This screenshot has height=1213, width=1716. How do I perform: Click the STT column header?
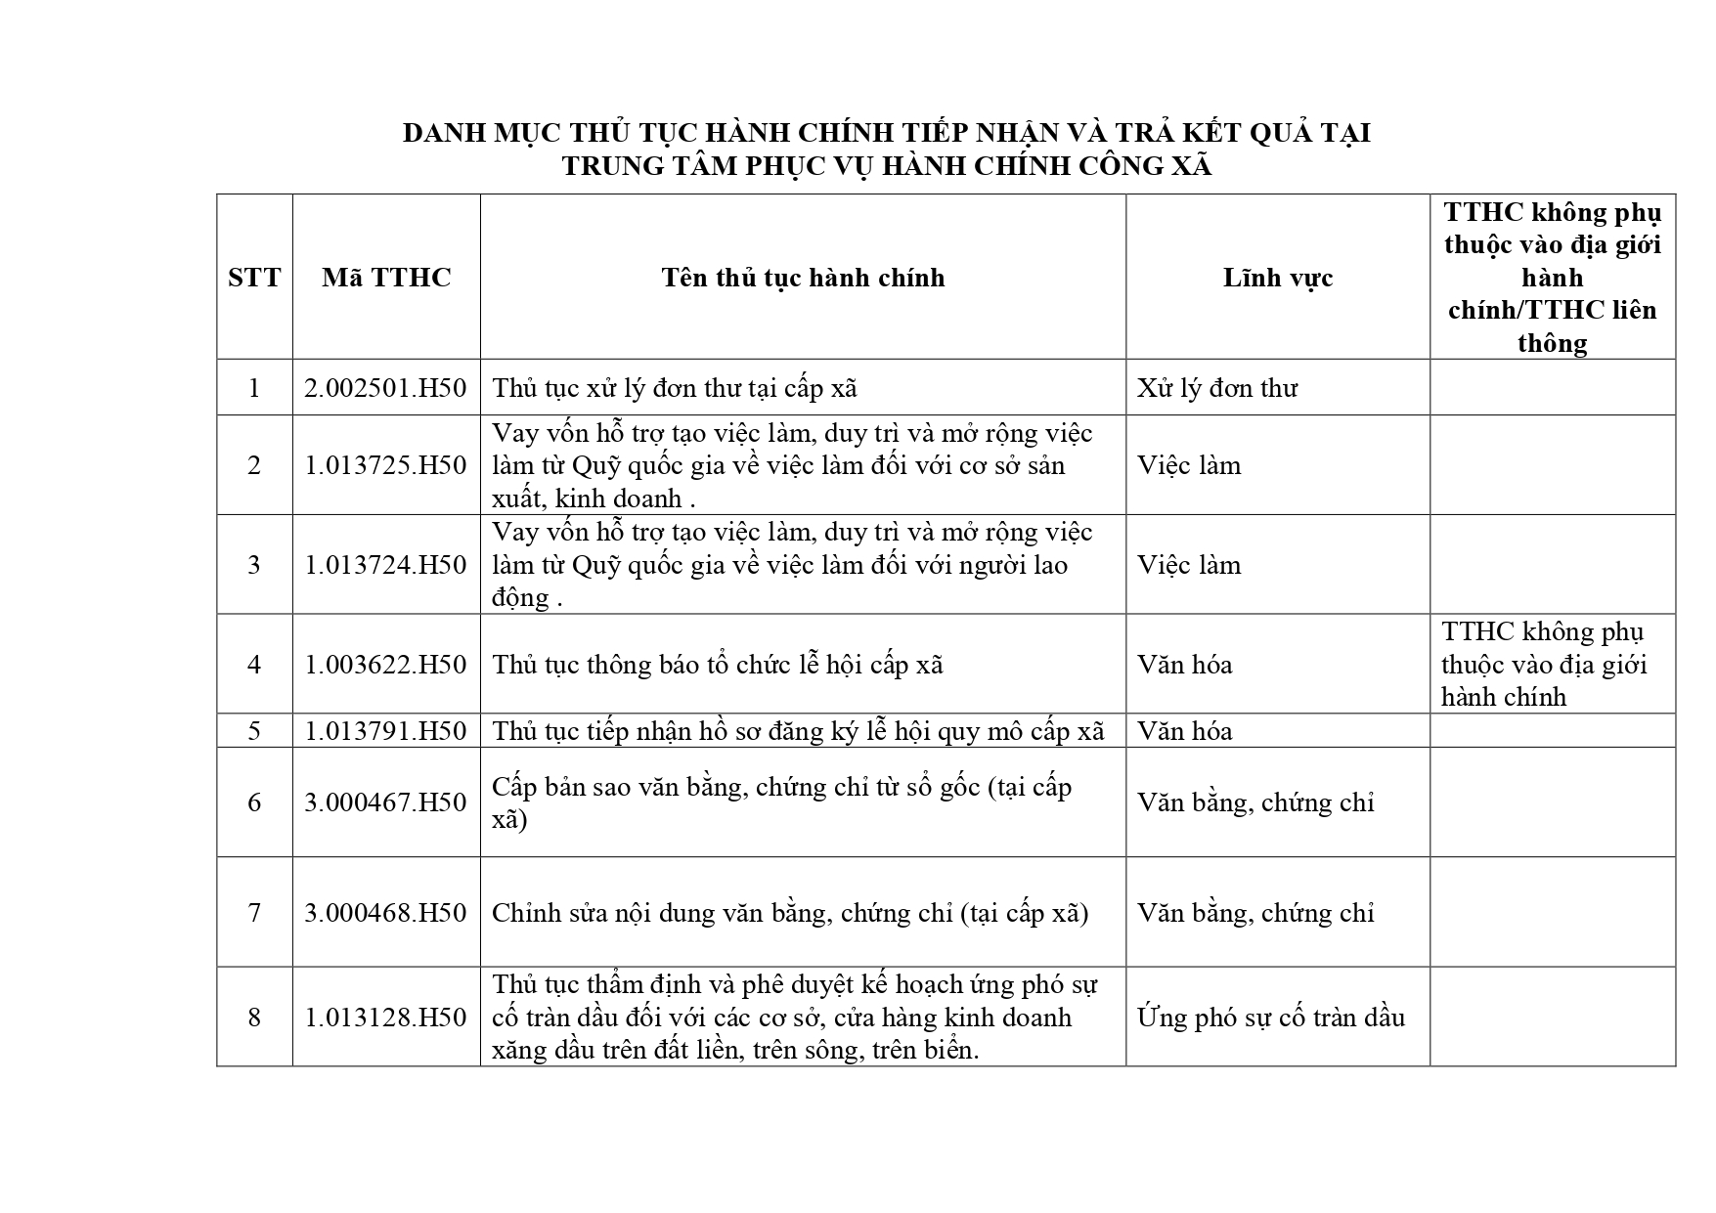tap(254, 278)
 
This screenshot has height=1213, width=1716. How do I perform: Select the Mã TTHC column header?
tap(386, 278)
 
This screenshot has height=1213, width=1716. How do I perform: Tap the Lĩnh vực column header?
tap(1277, 278)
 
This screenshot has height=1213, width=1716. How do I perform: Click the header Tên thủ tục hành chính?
tap(803, 278)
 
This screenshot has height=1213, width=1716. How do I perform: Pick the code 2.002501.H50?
tap(385, 388)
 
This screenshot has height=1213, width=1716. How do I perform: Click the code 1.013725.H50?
tap(385, 465)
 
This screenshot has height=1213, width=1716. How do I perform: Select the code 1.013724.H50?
tap(385, 565)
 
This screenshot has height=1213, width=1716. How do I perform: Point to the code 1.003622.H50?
tap(385, 665)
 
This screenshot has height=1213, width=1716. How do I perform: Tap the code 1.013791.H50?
tap(385, 731)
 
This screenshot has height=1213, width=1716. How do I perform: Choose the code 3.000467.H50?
tap(385, 802)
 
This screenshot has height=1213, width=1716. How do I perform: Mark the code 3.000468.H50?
tap(385, 913)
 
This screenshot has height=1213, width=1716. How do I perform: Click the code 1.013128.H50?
tap(385, 1018)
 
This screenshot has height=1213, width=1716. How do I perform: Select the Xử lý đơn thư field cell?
tap(1216, 388)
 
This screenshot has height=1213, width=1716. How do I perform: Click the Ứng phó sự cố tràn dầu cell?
tap(1270, 1018)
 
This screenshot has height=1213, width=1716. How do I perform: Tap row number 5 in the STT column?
tap(254, 731)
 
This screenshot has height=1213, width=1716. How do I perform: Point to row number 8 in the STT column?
tap(254, 1018)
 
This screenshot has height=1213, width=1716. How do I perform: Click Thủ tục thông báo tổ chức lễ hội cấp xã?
tap(717, 665)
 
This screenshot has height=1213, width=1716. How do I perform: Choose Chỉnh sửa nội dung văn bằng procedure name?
tap(789, 913)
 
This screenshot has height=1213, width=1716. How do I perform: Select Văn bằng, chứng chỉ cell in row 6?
tap(1254, 802)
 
